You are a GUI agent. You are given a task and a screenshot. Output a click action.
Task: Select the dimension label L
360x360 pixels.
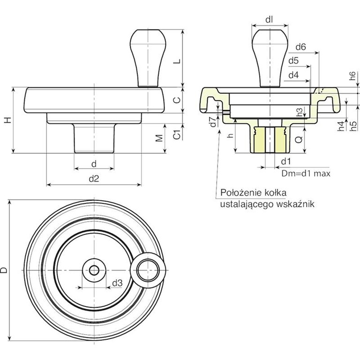[x=176, y=62]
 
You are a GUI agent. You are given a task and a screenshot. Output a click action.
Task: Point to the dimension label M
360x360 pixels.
[x=159, y=139]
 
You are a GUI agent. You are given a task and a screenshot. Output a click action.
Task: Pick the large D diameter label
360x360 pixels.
[x=4, y=270]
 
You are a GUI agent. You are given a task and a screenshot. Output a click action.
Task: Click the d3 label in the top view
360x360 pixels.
[x=117, y=283]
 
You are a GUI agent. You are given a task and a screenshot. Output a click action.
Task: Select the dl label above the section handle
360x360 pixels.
[x=269, y=20]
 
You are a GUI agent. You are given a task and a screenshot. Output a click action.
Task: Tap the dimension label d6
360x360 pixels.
[x=301, y=47]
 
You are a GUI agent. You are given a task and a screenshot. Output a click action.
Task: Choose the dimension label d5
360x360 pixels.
[x=294, y=61]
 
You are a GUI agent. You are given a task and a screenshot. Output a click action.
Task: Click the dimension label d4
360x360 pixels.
[x=293, y=75]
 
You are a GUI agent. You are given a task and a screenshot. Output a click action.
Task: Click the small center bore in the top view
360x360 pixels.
[x=94, y=270]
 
